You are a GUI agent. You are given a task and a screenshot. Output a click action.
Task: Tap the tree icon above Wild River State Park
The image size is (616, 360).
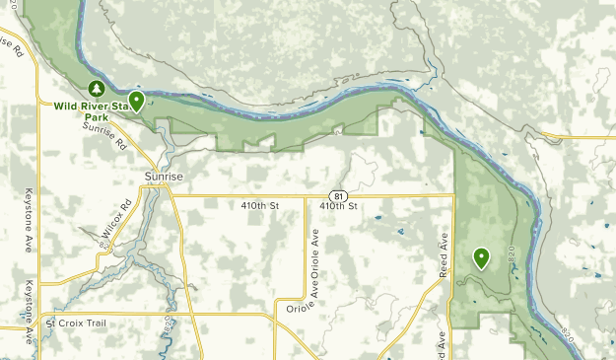click(96, 88)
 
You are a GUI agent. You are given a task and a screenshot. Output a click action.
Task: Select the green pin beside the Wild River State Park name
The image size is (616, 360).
click(136, 100)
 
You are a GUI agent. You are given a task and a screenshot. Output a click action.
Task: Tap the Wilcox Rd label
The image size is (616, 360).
click(116, 223)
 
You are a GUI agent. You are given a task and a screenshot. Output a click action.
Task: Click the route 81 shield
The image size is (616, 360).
click(338, 194)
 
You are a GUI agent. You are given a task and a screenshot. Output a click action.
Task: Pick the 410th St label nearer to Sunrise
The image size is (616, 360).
click(261, 206)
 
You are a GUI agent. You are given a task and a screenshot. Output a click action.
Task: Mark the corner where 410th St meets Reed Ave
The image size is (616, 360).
click(453, 195)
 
